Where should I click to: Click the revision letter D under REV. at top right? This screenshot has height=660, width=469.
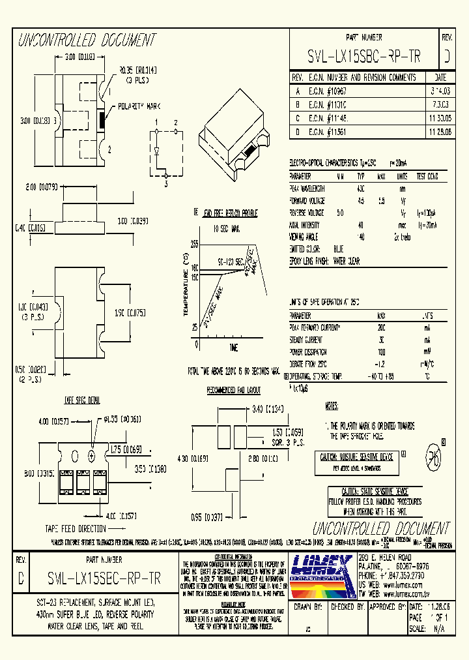coord(446,57)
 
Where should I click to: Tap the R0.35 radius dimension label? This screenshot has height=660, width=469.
coord(137,69)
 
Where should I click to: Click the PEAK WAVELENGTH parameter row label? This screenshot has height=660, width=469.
coord(307,188)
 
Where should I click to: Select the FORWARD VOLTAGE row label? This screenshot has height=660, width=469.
coord(307,201)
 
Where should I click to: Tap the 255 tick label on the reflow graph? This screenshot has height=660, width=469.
coord(194,243)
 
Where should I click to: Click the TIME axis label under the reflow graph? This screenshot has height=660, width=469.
coord(233,347)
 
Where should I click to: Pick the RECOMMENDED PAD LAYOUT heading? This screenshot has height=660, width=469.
coord(233,391)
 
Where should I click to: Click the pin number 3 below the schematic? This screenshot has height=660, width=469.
coord(166,185)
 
